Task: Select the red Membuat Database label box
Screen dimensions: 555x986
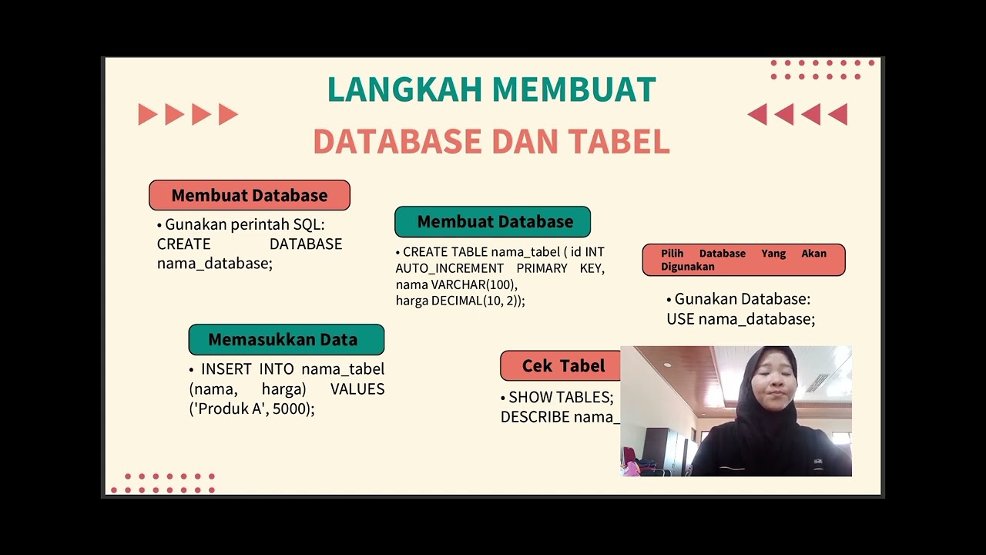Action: tap(250, 196)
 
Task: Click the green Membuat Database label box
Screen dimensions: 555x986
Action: tap(493, 222)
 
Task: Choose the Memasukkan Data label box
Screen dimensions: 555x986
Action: tap(286, 340)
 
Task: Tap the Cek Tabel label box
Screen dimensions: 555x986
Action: tap(562, 366)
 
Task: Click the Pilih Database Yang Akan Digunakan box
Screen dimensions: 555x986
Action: tap(743, 260)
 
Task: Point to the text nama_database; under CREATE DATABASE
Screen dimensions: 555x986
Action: tap(215, 263)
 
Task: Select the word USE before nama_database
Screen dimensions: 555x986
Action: tap(680, 319)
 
